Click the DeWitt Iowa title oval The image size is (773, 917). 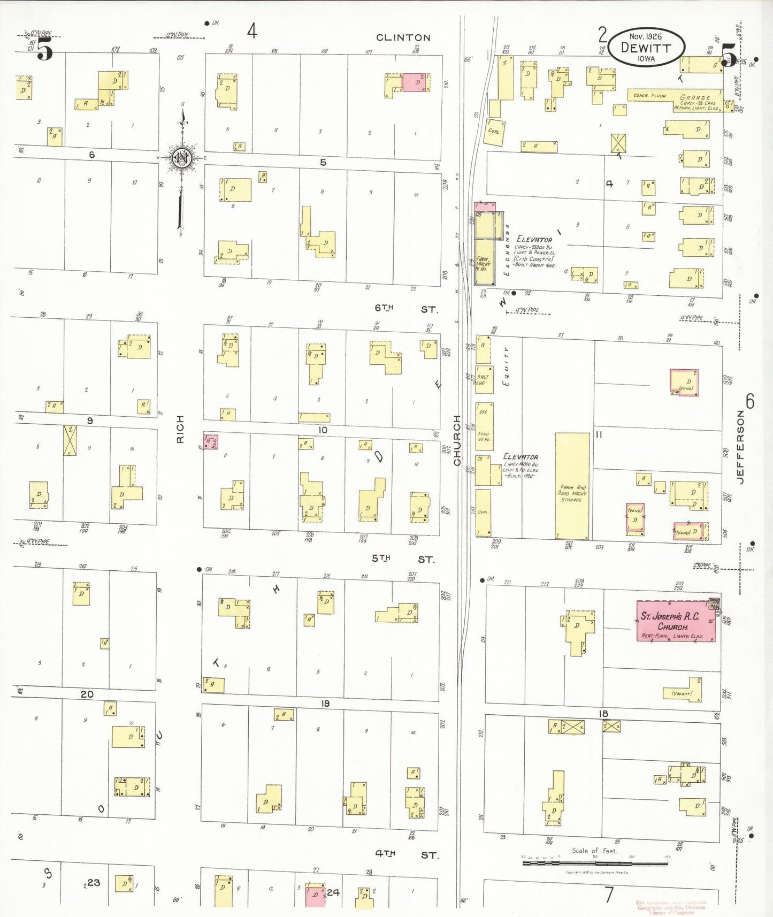click(x=646, y=47)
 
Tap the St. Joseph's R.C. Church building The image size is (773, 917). click(x=675, y=621)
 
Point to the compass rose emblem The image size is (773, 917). click(x=182, y=158)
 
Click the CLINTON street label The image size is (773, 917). click(x=403, y=37)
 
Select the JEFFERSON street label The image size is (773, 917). click(x=740, y=447)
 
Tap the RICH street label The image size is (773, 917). click(x=180, y=429)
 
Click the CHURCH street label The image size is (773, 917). click(x=457, y=440)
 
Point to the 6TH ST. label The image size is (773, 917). click(x=405, y=308)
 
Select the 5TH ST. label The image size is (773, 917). click(x=403, y=559)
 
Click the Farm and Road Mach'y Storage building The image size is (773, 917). click(x=572, y=486)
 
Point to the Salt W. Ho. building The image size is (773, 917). click(x=484, y=379)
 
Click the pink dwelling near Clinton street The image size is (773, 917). click(x=415, y=82)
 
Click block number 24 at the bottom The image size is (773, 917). click(x=333, y=892)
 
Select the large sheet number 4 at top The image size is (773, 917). click(x=252, y=30)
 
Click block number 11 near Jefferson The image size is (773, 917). click(x=599, y=434)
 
